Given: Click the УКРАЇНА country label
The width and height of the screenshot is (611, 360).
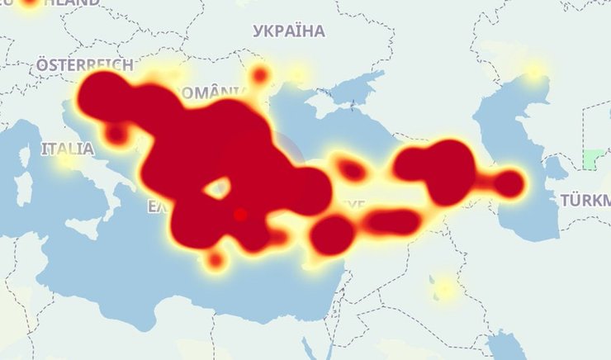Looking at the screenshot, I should click(288, 31).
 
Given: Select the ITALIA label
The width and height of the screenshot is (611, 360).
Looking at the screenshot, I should click(67, 149).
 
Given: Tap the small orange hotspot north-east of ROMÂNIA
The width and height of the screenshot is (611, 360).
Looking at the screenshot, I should click(260, 76).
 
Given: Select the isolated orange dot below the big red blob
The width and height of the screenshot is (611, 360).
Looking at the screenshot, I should click(215, 261).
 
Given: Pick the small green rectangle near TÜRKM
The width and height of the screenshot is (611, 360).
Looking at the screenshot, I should click(592, 159).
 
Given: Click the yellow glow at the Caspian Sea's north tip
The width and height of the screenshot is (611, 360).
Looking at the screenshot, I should click(535, 72).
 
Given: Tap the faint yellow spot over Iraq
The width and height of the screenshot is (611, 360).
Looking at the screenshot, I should click(445, 288).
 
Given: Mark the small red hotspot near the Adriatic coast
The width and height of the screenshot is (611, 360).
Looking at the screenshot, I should click(117, 132).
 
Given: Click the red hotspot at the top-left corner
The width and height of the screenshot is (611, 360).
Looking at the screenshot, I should click(31, 2).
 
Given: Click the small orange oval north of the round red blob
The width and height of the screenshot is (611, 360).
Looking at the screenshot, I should click(352, 171).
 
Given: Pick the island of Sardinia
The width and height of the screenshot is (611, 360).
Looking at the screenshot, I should click(22, 188).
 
